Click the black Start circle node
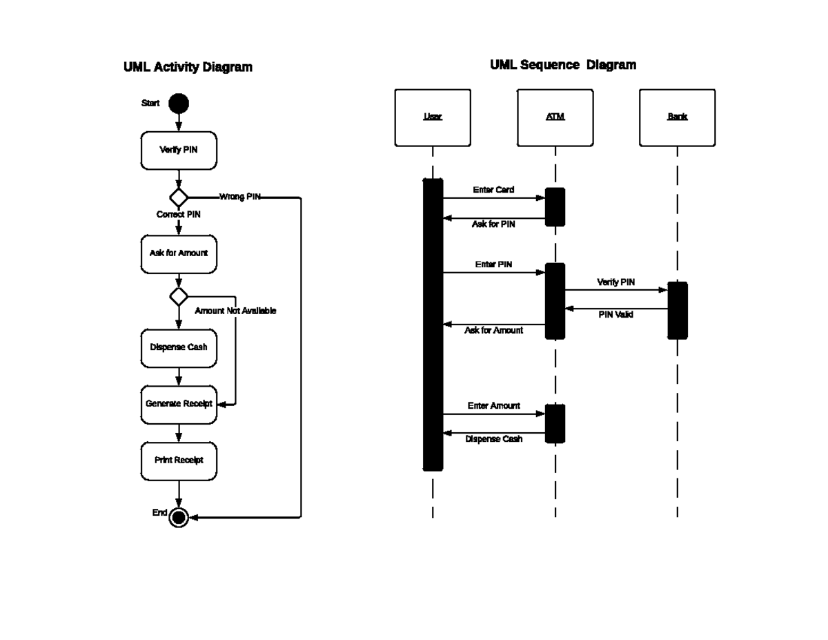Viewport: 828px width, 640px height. (x=179, y=104)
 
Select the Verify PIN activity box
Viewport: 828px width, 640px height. (x=179, y=150)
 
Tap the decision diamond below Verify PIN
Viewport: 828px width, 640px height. (x=179, y=197)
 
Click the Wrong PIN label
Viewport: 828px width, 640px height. (x=240, y=197)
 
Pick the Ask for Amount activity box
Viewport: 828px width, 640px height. (x=179, y=253)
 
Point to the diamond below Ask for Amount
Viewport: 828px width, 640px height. (x=179, y=297)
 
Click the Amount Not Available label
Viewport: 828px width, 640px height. (x=235, y=311)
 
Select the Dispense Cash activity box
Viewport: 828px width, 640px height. (x=179, y=347)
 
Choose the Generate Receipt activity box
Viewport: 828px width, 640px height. (x=179, y=404)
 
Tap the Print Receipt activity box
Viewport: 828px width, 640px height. (x=179, y=460)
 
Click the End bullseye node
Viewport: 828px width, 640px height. (x=179, y=517)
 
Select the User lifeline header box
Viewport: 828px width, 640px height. (x=433, y=117)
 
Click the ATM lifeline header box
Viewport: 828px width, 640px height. (x=555, y=117)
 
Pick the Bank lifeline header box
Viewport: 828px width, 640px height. (x=677, y=117)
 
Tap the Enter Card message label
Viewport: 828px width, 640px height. (x=493, y=190)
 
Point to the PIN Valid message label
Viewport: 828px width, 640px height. (x=615, y=315)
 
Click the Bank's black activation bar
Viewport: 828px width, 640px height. (x=678, y=311)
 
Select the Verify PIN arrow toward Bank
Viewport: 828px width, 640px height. (x=616, y=291)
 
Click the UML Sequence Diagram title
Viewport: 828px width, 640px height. (x=563, y=65)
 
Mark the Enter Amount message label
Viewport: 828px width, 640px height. (x=494, y=406)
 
